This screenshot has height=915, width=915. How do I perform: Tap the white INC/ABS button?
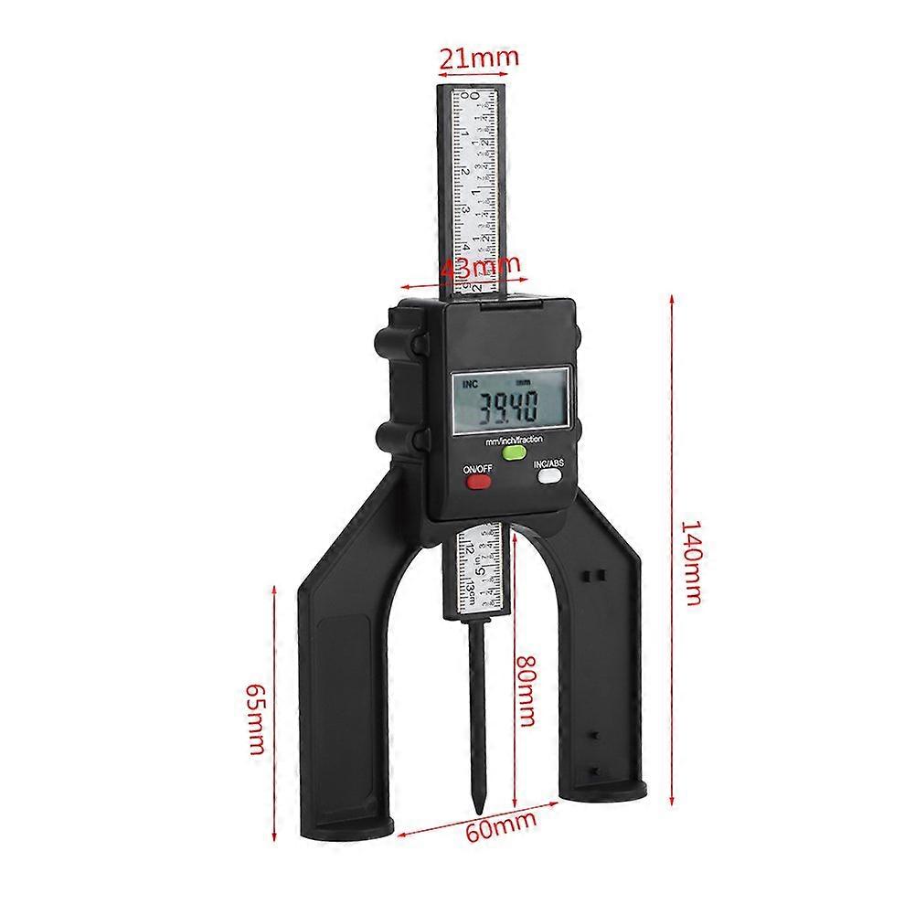pyautogui.click(x=548, y=475)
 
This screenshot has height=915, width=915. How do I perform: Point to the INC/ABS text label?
pyautogui.click(x=549, y=462)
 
